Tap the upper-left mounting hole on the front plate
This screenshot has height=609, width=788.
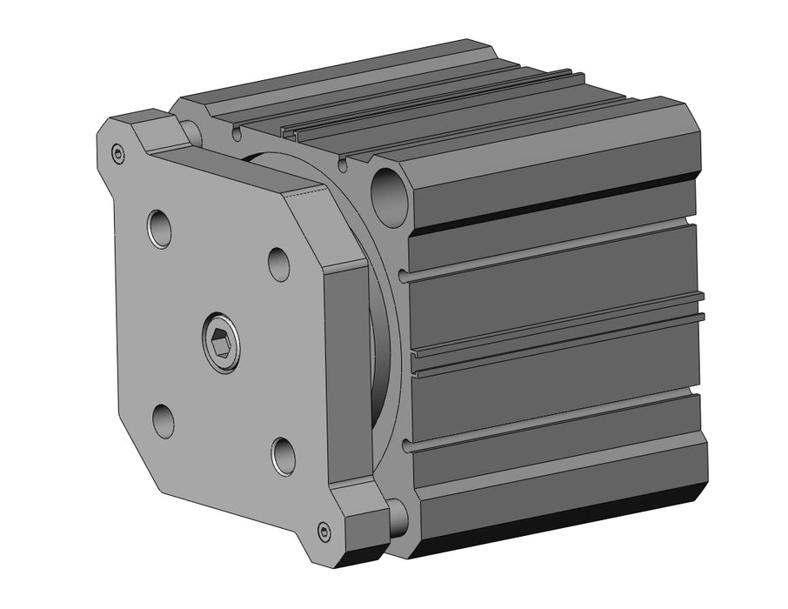click(159, 228)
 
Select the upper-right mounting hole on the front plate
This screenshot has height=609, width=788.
click(278, 264)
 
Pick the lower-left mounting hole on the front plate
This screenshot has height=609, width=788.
click(163, 421)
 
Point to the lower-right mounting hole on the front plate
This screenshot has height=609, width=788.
click(284, 456)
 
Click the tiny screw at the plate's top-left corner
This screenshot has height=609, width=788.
click(118, 155)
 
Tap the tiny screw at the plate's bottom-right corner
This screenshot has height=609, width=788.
click(324, 532)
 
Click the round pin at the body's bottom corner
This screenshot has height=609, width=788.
click(397, 517)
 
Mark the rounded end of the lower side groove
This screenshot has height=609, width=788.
click(405, 448)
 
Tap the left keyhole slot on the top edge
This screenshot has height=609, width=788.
click(237, 135)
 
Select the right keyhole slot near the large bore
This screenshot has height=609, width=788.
click(344, 164)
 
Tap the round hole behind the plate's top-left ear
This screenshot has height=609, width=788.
click(191, 131)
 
